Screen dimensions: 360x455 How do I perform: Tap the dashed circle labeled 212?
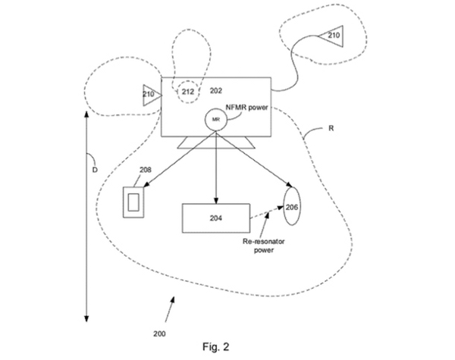[x=187, y=92]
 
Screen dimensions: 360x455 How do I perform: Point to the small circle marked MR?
[x=215, y=120]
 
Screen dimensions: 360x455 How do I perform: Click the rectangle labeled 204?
[x=217, y=217]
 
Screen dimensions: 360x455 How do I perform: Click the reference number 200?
[x=158, y=333]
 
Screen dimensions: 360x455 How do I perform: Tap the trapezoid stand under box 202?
[x=216, y=142]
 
